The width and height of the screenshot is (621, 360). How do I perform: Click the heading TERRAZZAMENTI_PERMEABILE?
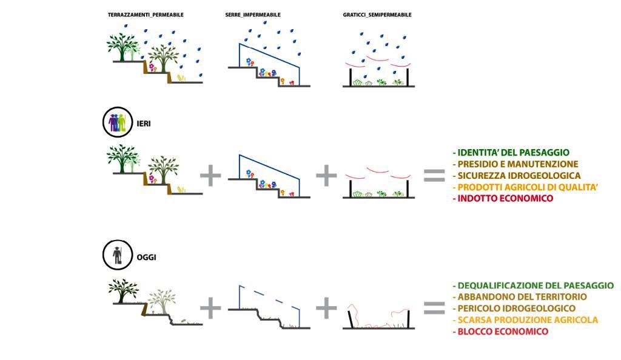[145, 14]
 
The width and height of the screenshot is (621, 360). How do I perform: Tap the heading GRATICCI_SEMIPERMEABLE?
[377, 14]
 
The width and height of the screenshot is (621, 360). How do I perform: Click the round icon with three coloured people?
[117, 123]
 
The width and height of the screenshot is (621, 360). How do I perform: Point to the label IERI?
[144, 123]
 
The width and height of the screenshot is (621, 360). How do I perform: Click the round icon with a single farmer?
[117, 256]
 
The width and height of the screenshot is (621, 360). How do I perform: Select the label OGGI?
[146, 257]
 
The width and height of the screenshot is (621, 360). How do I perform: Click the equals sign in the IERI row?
[434, 176]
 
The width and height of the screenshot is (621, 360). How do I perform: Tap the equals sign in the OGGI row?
[434, 308]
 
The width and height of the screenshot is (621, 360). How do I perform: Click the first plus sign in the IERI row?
[210, 176]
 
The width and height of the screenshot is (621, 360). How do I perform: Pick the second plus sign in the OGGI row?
[326, 308]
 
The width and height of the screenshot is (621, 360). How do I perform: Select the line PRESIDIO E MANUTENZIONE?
[515, 164]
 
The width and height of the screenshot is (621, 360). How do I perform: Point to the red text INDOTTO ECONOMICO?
[503, 198]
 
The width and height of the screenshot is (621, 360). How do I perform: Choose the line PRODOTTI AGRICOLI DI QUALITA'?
[525, 187]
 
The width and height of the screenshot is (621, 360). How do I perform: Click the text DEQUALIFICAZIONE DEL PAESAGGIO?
[533, 285]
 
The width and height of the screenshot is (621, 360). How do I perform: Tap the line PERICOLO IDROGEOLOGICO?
[514, 308]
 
